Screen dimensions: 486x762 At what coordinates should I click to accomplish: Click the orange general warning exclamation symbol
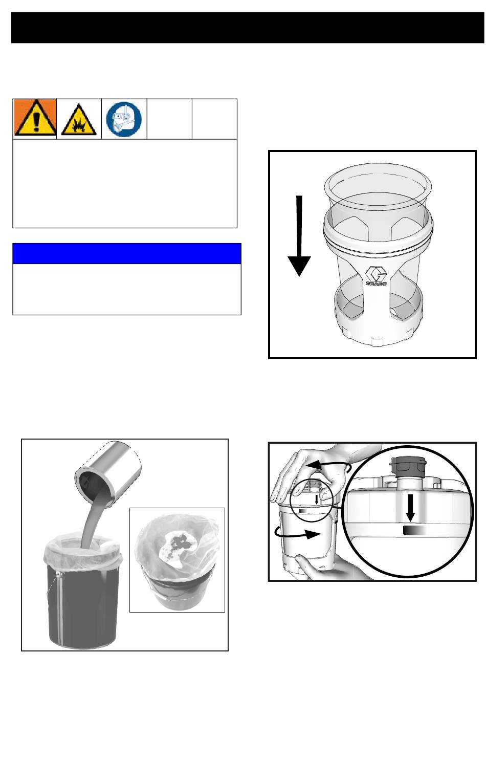tap(35, 117)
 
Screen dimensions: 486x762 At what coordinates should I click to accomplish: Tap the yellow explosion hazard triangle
tap(79, 119)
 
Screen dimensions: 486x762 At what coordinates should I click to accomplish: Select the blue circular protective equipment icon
tap(124, 119)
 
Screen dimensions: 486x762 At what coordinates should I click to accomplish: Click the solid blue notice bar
tap(127, 253)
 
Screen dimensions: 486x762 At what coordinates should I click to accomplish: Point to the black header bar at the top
tap(248, 28)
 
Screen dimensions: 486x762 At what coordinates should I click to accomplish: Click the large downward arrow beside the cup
tap(299, 236)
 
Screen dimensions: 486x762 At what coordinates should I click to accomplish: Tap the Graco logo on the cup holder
tap(376, 276)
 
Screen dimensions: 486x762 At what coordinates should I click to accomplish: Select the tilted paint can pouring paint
tap(108, 473)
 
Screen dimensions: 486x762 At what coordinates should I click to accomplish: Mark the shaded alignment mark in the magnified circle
tap(414, 530)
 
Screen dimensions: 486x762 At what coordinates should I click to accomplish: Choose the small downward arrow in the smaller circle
tap(317, 499)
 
